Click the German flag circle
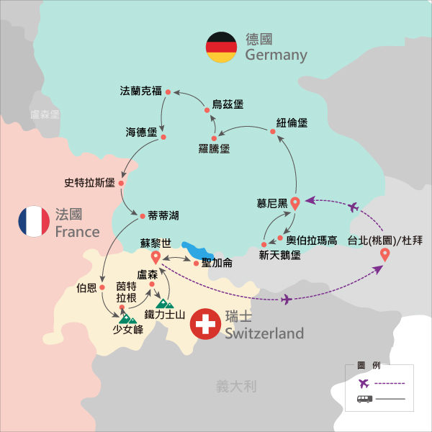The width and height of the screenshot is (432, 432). [220, 48]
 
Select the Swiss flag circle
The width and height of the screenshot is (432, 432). [204, 325]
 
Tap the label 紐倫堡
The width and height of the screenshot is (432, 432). [292, 123]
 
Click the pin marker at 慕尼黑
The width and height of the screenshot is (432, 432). [294, 202]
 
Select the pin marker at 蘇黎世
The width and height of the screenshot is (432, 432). [155, 258]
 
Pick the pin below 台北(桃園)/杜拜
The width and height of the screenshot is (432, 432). [384, 254]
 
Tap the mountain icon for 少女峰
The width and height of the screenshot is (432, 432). [127, 317]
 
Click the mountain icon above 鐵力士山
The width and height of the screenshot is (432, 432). [165, 303]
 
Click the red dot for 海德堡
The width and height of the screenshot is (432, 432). [163, 137]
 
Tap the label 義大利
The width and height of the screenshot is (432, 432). [236, 387]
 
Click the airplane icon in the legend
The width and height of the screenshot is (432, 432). [363, 382]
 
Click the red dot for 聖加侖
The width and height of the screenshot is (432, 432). [197, 263]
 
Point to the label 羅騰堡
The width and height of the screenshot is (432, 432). [214, 149]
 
